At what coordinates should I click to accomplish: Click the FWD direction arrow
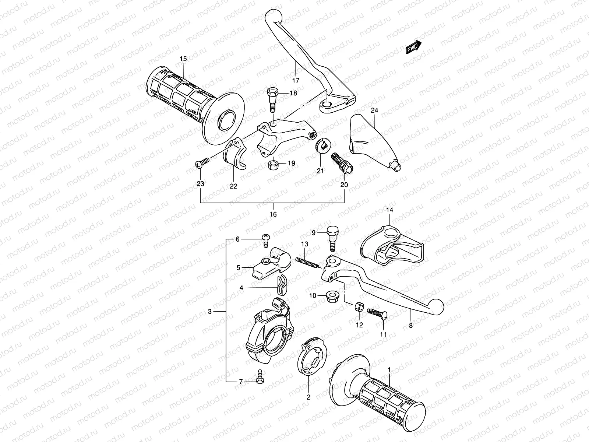click(414, 47)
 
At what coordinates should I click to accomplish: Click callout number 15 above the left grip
click(183, 59)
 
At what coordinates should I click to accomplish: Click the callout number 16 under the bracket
click(273, 214)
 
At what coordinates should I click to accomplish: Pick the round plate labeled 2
click(312, 358)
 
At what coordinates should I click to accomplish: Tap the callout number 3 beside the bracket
click(210, 312)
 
